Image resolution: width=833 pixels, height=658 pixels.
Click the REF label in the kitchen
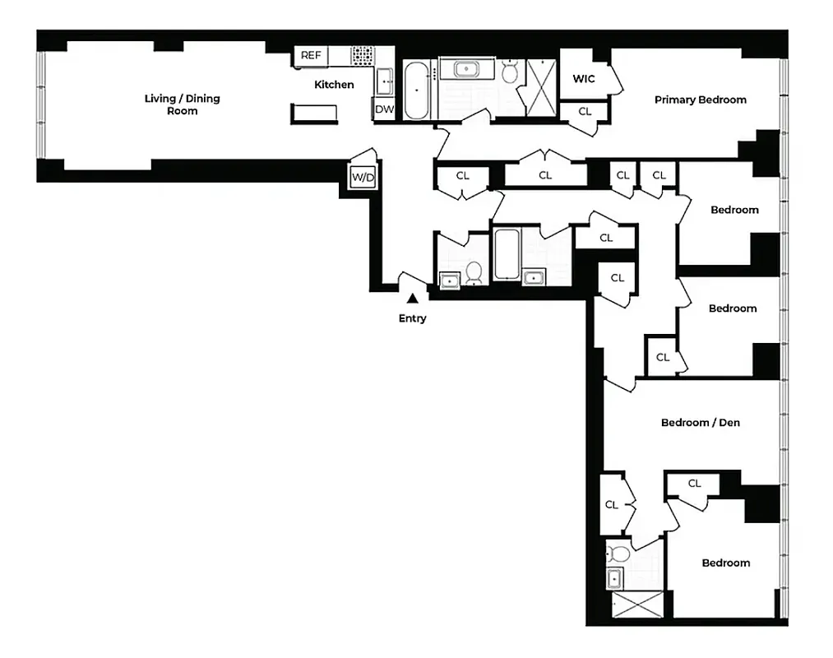pos(310,56)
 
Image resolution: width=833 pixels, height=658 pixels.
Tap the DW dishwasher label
pos(384,109)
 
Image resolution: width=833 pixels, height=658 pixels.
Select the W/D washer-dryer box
pos(361,177)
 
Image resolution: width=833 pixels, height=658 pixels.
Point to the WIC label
pos(584,80)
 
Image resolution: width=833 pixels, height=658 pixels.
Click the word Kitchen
pos(335,85)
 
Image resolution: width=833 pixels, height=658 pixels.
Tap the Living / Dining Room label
pos(182,104)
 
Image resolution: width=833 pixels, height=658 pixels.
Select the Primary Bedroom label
pos(700,100)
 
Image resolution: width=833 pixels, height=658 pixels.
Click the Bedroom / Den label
pos(700,423)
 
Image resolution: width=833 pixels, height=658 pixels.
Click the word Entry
pos(413,318)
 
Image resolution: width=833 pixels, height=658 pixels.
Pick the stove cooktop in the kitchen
pos(362,56)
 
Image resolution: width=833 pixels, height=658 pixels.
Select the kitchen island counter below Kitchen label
pos(315,114)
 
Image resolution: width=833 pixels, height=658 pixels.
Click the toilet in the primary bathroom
pos(509,73)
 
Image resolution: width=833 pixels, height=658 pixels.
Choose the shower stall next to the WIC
pos(539,81)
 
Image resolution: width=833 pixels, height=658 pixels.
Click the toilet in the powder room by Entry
pos(474,273)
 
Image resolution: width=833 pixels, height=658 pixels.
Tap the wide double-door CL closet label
pos(545,175)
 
